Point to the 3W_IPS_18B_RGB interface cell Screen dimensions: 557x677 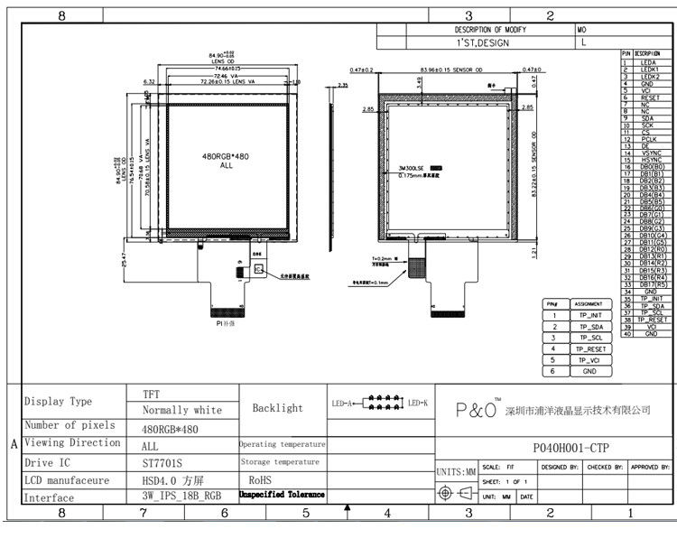(181, 496)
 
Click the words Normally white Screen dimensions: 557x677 (182, 411)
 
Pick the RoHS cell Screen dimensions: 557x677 (260, 480)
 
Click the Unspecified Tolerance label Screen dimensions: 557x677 (282, 496)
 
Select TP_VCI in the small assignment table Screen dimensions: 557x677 (591, 360)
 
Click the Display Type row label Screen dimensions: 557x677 (58, 402)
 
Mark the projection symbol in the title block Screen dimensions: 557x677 (455, 493)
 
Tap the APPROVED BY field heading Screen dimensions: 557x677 (650, 467)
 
